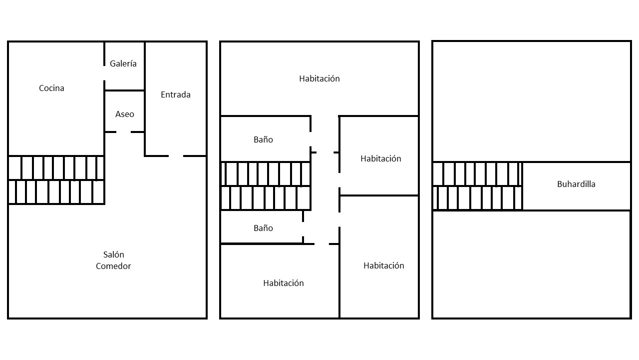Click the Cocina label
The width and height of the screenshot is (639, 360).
tap(51, 88)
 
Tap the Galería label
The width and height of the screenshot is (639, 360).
tap(123, 63)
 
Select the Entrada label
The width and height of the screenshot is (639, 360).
tap(175, 94)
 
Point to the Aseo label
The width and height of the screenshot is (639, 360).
tap(125, 114)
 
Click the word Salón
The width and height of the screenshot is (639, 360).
tap(113, 254)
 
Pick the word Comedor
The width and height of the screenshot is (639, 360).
tap(113, 266)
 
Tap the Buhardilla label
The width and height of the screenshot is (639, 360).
tap(576, 184)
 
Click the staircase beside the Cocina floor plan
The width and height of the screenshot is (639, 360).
tap(56, 180)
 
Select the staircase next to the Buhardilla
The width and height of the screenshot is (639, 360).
tap(477, 186)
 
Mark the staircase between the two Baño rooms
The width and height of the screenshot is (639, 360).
tap(266, 186)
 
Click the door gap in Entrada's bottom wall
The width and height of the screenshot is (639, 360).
tap(176, 156)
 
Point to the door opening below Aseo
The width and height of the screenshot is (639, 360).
tap(123, 132)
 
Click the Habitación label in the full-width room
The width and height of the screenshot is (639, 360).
tap(319, 78)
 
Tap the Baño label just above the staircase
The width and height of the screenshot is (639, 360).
tap(263, 139)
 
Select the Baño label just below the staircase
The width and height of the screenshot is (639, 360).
tap(263, 228)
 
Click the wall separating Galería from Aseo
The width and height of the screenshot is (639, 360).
tap(125, 90)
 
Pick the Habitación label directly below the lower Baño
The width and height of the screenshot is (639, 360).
tap(284, 283)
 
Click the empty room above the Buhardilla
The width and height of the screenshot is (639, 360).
tap(531, 101)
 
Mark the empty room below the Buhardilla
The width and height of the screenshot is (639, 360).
tap(531, 264)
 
